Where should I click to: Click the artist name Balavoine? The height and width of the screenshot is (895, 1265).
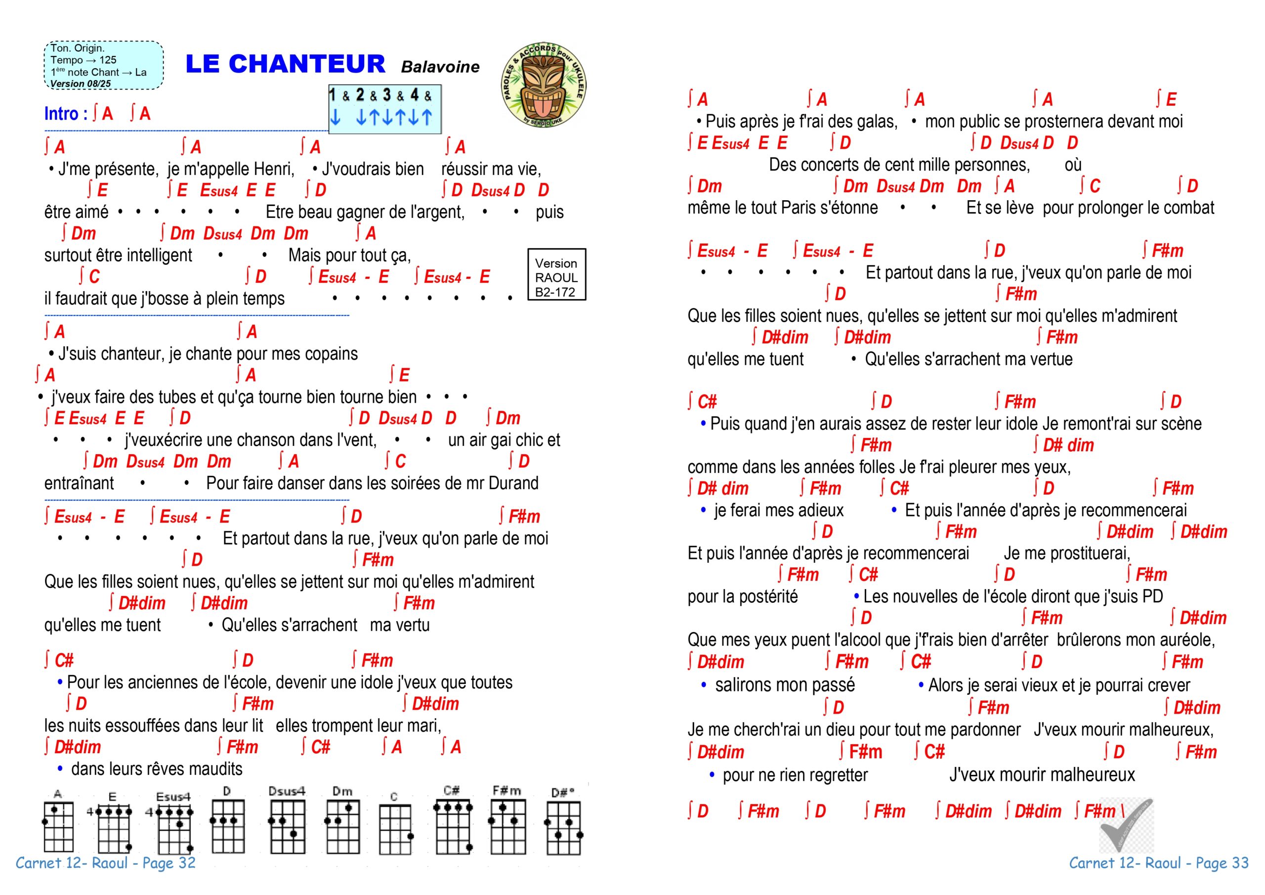pos(440,67)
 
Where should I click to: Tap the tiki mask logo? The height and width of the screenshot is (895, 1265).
pos(543,84)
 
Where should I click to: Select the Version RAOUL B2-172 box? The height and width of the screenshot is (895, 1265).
pos(556,274)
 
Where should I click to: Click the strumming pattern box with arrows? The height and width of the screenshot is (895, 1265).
pos(384,109)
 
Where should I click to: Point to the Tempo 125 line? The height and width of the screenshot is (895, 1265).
pos(84,60)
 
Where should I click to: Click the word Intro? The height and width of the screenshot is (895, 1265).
pos(61,114)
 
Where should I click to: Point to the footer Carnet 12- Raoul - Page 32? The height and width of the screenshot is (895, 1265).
pos(105,862)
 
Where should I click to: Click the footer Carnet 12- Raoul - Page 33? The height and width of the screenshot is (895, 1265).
pos(1159,862)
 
